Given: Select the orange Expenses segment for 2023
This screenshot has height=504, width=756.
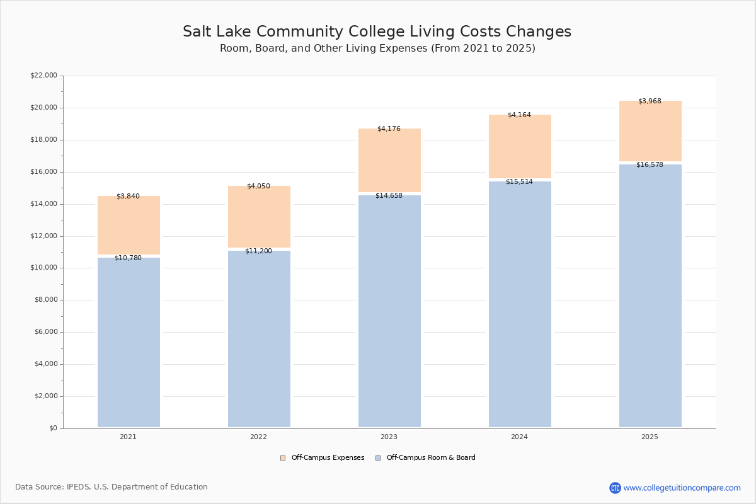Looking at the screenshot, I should coord(389,161).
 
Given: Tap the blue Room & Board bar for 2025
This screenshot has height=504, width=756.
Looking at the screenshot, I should coord(650,295).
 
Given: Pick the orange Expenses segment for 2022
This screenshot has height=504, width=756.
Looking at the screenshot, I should coord(259,217).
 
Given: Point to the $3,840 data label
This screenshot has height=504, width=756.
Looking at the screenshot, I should coord(128,197).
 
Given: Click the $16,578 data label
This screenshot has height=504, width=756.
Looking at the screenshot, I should coord(650,165).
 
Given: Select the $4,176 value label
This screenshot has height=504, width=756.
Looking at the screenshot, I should coord(389,129).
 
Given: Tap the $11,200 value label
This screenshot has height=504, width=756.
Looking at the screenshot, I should coord(258,251).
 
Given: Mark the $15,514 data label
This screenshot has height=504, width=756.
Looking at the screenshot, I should coord(519,182).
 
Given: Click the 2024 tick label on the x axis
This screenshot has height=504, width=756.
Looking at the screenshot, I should coord(519,437).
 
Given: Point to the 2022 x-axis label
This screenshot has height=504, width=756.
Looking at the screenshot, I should coord(258,437).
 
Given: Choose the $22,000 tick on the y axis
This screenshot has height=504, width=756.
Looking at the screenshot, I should coord(43,76).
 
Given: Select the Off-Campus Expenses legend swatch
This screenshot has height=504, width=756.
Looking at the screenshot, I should coord(283,458).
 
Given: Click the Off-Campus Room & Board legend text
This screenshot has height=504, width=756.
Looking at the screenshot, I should coord(431,458).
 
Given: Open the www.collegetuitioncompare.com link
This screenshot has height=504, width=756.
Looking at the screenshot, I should coord(682,488).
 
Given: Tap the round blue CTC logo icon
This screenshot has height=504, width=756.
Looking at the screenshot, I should coord(615,488).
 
